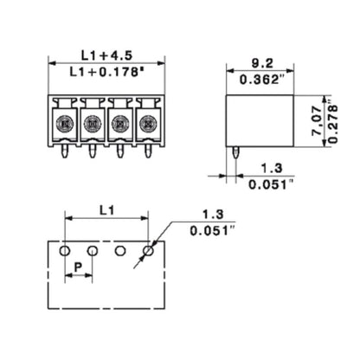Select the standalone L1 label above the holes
click(106, 210)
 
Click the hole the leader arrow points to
click(148, 251)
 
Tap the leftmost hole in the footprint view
click(64, 251)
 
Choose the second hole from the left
click(93, 251)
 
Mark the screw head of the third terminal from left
click(120, 124)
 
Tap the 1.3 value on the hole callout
click(210, 214)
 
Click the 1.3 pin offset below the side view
click(270, 168)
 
